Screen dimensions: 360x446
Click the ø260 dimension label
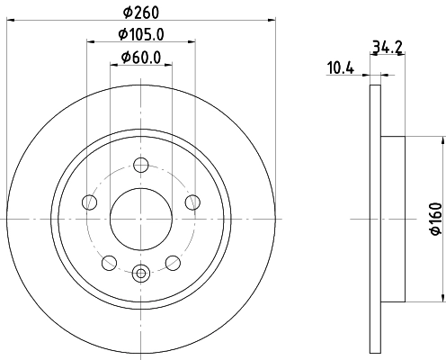[x=140, y=13]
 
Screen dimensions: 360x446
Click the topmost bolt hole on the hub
[x=140, y=164]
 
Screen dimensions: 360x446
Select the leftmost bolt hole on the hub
[x=88, y=202]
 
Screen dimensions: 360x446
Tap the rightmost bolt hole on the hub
[x=192, y=202]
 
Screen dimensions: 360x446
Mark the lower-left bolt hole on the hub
[x=109, y=262]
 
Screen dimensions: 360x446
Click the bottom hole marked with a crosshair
[x=140, y=273]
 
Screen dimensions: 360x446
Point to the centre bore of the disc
[x=140, y=218]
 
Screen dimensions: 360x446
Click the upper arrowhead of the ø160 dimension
[x=442, y=139]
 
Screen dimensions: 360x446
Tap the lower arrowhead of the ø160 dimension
[x=442, y=299]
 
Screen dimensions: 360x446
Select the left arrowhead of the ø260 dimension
[x=10, y=22]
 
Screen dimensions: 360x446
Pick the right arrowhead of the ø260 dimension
[x=270, y=22]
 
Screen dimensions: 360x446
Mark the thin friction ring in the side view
[x=374, y=218]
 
